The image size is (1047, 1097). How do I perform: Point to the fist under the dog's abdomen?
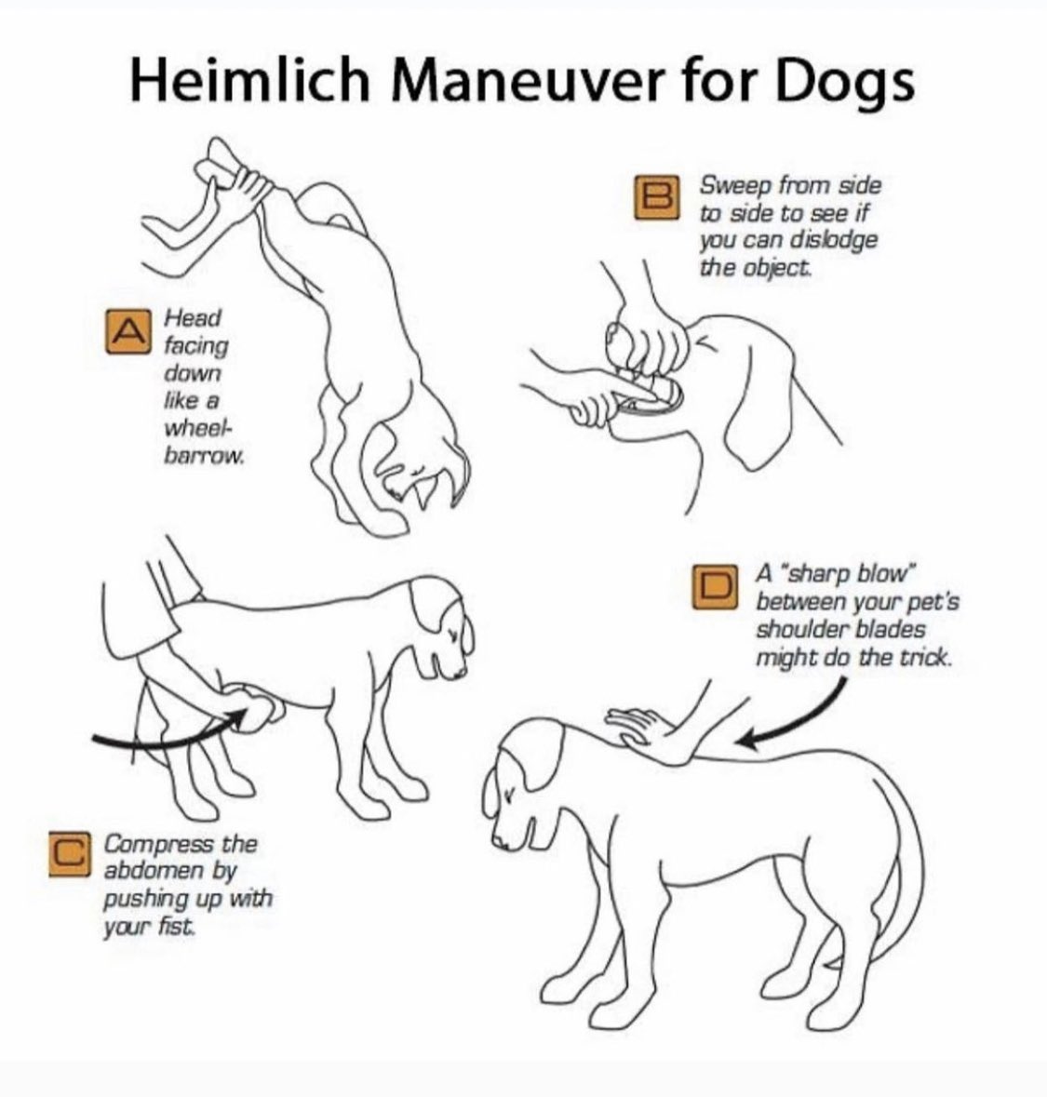pos(256,707)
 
